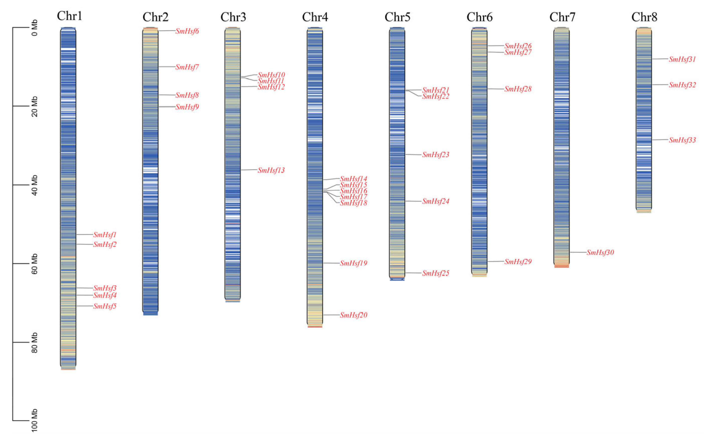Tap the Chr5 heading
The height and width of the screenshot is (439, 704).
397,17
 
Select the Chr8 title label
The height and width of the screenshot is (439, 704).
644,17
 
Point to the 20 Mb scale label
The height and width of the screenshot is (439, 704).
34,106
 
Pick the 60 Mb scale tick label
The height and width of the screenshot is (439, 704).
34,264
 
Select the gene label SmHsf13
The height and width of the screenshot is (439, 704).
271,170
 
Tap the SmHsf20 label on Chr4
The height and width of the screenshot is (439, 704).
354,315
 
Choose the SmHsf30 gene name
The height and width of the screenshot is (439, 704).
600,252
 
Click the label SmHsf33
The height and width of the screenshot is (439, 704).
682,140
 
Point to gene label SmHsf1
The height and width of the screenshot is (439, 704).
105,235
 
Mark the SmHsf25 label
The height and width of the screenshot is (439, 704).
436,273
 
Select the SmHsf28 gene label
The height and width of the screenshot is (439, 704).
518,89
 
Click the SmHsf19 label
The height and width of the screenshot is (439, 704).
354,263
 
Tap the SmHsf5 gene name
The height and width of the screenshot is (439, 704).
105,306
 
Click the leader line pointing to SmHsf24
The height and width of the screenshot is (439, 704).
413,201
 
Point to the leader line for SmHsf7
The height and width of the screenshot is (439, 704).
167,67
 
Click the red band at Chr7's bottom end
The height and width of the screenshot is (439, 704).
561,266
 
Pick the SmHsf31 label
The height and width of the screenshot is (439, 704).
682,59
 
